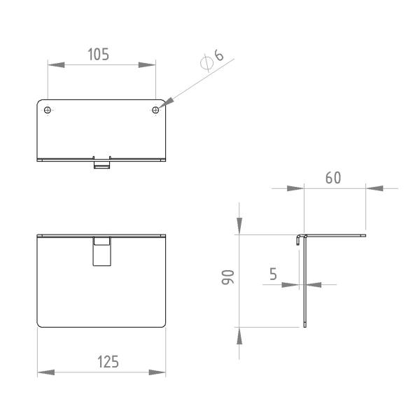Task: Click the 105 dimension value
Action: click(98, 55)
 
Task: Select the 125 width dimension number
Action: click(108, 362)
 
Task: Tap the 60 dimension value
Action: click(333, 178)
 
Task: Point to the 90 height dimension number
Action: click(228, 277)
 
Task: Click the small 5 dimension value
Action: click(273, 274)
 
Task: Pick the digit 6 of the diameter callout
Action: click(218, 55)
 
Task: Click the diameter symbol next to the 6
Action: click(206, 63)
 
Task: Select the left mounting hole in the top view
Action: click(48, 110)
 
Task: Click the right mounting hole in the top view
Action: click(155, 110)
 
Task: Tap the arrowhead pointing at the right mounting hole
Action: click(167, 103)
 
